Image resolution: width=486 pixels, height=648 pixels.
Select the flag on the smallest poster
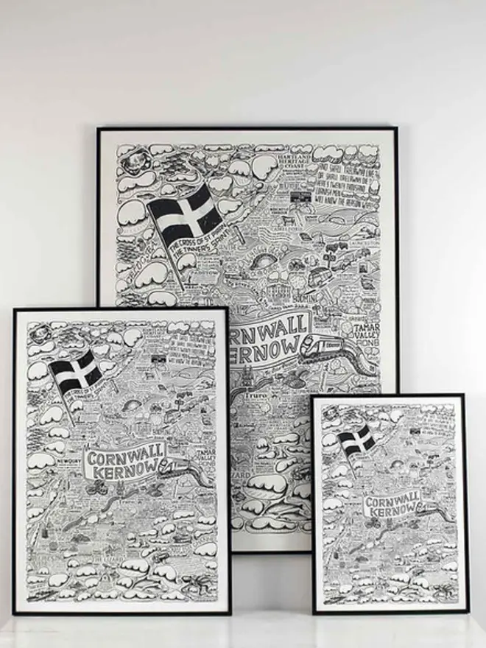356,441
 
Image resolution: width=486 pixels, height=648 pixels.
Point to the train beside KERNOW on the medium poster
175,466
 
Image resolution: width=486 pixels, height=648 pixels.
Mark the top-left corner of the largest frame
98,128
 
